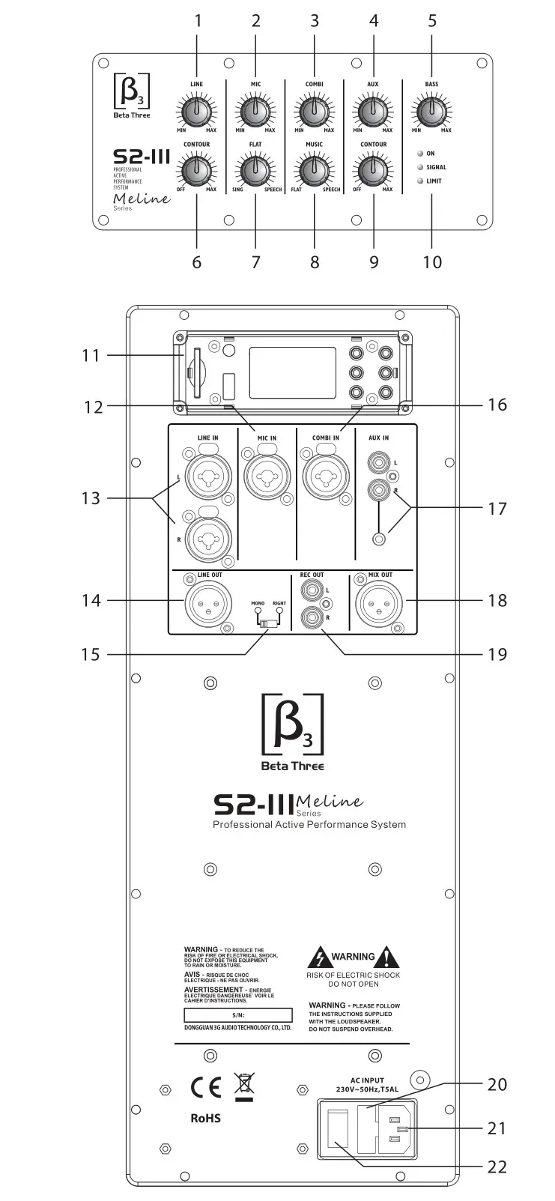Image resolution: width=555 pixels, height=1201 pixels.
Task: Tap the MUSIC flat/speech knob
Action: pyautogui.click(x=314, y=170)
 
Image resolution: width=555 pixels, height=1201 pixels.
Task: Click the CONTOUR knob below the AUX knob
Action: pyautogui.click(x=373, y=170)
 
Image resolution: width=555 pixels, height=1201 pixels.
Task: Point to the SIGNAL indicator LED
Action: pyautogui.click(x=419, y=167)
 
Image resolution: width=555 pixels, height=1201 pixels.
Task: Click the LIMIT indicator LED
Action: pyautogui.click(x=419, y=181)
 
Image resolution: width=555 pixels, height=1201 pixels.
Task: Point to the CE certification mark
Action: pyautogui.click(x=205, y=1088)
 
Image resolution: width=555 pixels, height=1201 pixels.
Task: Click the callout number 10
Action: pyautogui.click(x=431, y=261)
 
